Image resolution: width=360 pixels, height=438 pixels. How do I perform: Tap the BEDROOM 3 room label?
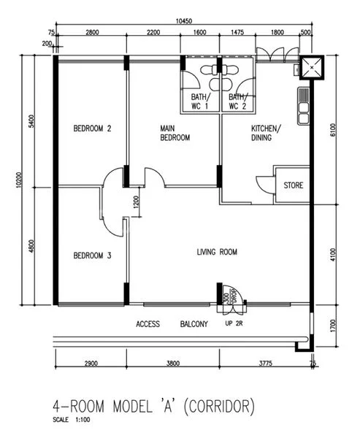pos(92,255)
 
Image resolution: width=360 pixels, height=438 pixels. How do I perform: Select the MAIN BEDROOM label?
pos(175,133)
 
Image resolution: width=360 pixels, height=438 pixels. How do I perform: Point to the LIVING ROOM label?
pos(217,253)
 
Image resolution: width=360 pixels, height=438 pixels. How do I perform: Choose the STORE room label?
pos(294,185)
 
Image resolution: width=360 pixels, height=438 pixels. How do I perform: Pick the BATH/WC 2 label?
pos(237,101)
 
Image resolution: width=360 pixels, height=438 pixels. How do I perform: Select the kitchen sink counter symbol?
pos(302,104)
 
